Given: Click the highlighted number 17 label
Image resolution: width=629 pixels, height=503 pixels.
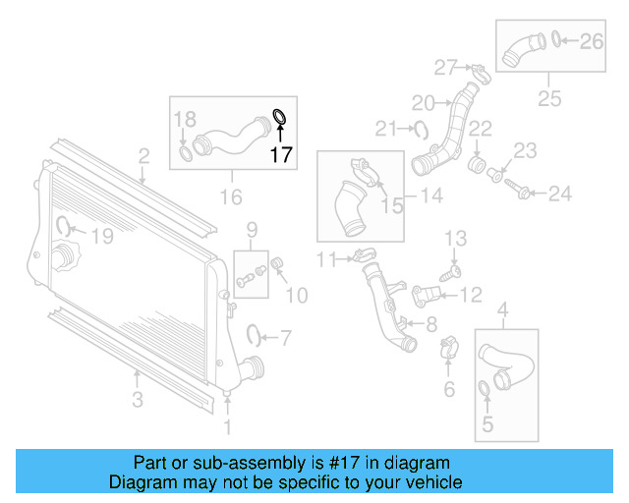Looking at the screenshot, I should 281,154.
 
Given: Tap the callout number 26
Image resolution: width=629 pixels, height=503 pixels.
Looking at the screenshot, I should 591,41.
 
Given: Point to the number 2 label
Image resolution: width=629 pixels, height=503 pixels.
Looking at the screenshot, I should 143,156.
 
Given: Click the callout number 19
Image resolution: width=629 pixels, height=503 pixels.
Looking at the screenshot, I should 102,236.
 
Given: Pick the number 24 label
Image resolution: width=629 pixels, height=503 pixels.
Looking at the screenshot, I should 559,194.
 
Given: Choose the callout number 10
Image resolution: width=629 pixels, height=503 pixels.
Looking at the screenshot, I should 296,294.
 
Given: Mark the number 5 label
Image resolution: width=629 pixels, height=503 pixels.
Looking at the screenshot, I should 485,427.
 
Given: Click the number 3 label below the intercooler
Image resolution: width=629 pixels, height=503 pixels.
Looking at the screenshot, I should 138,399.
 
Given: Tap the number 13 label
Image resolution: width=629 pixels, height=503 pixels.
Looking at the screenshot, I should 455,239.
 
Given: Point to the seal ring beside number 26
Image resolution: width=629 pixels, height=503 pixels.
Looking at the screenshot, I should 557,39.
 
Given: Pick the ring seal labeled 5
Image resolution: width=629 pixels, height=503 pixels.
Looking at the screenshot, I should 485,394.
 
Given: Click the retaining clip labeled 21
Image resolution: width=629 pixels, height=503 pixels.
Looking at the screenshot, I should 422,127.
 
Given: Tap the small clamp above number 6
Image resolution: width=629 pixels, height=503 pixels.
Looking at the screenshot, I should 448,345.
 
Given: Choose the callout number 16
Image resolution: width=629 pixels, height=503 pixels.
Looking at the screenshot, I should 230,197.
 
